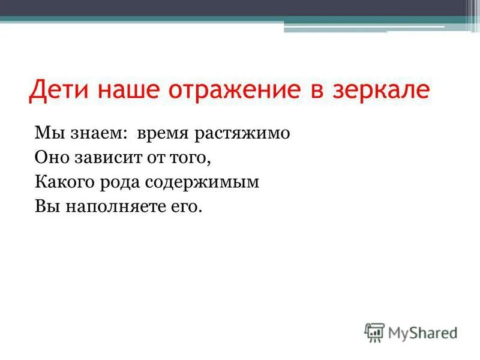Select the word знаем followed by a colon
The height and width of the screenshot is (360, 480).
click(95, 133)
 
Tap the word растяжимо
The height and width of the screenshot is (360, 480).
click(242, 134)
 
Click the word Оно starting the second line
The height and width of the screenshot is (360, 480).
click(49, 158)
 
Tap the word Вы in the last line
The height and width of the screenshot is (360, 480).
click(44, 207)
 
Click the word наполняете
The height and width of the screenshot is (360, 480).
click(115, 207)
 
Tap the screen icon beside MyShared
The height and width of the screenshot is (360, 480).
click(374, 332)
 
